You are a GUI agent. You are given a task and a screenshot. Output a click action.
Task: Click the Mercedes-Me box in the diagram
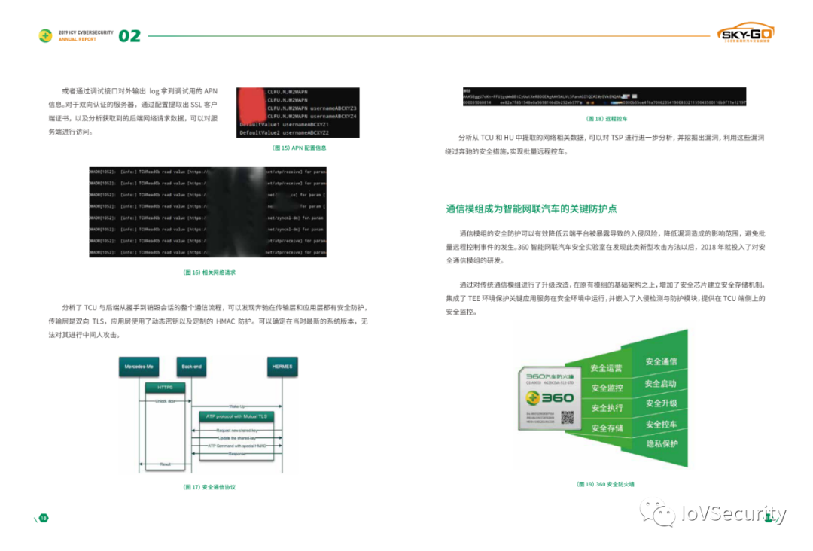pyautogui.click(x=139, y=367)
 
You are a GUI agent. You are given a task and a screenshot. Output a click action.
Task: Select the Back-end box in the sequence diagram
pyautogui.click(x=191, y=367)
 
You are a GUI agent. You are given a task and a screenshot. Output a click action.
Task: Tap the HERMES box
pyautogui.click(x=282, y=367)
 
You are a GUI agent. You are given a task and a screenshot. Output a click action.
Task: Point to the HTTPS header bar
pyautogui.click(x=165, y=388)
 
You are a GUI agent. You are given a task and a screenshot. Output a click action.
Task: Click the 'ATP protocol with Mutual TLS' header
pyautogui.click(x=236, y=416)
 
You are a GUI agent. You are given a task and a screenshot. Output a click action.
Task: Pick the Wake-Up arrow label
pyautogui.click(x=236, y=406)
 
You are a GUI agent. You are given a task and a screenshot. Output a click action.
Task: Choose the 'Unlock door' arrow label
pyautogui.click(x=166, y=401)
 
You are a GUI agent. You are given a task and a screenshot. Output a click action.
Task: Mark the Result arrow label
pyautogui.click(x=166, y=464)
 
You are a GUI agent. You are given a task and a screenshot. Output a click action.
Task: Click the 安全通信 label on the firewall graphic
pyautogui.click(x=661, y=361)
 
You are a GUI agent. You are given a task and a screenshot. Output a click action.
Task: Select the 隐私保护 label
pyautogui.click(x=661, y=443)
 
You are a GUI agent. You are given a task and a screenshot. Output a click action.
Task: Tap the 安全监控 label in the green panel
pyautogui.click(x=607, y=388)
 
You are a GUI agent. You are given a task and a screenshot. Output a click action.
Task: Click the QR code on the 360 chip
pyautogui.click(x=568, y=417)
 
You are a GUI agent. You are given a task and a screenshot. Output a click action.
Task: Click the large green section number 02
pyautogui.click(x=129, y=35)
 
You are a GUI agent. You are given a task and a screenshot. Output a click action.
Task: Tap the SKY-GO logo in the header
pyautogui.click(x=745, y=34)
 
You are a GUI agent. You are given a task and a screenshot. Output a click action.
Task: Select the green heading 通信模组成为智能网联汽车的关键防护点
pyautogui.click(x=531, y=209)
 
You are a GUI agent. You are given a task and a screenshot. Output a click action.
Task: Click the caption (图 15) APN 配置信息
pyautogui.click(x=299, y=148)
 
